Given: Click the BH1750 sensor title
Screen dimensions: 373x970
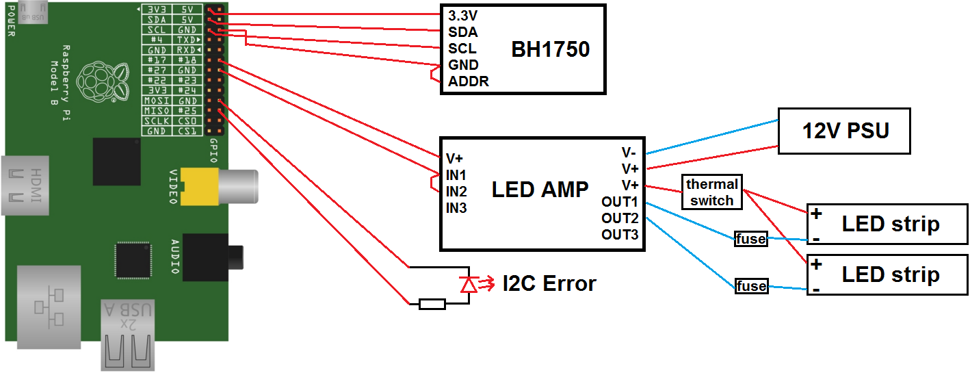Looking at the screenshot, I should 550,49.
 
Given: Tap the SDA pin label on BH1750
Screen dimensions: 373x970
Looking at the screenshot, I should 462,31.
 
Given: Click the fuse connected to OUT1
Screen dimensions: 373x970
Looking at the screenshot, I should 750,240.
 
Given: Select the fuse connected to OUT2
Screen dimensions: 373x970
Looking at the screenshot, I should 750,286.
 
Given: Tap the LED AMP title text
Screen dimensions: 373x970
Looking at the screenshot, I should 540,190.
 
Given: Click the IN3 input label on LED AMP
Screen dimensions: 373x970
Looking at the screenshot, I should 456,207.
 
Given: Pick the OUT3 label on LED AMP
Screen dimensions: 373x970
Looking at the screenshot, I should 620,235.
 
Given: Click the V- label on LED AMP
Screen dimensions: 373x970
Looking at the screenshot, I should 629,152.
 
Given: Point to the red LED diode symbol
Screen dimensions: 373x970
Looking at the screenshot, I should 469,283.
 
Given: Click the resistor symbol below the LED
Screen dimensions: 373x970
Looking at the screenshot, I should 432,303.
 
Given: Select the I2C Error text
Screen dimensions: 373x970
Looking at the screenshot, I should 549,283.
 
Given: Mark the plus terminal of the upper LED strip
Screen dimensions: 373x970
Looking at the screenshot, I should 816,214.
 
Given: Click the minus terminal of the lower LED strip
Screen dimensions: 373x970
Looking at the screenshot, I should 816,289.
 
